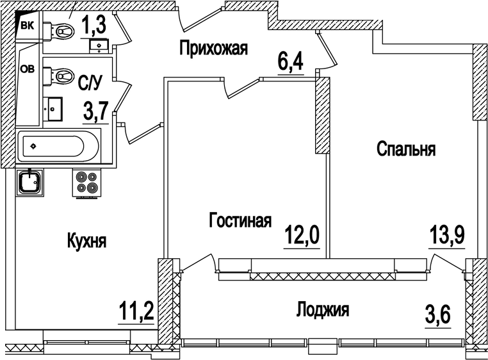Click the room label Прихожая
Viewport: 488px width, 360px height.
coord(213,48)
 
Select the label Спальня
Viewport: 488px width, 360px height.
coord(406,149)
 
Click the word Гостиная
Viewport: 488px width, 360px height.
coord(240,221)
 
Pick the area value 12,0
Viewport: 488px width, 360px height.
coord(301,237)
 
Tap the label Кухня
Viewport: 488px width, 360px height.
coord(86,241)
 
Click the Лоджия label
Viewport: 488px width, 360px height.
coord(323,311)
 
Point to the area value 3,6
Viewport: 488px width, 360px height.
coord(438,316)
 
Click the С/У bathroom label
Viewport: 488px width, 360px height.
coord(90,83)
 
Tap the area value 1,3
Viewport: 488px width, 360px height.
coord(93,26)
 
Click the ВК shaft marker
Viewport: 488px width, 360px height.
coord(28,25)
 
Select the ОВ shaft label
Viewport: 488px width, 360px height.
coord(29,70)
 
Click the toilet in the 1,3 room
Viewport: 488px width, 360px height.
coord(62,30)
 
